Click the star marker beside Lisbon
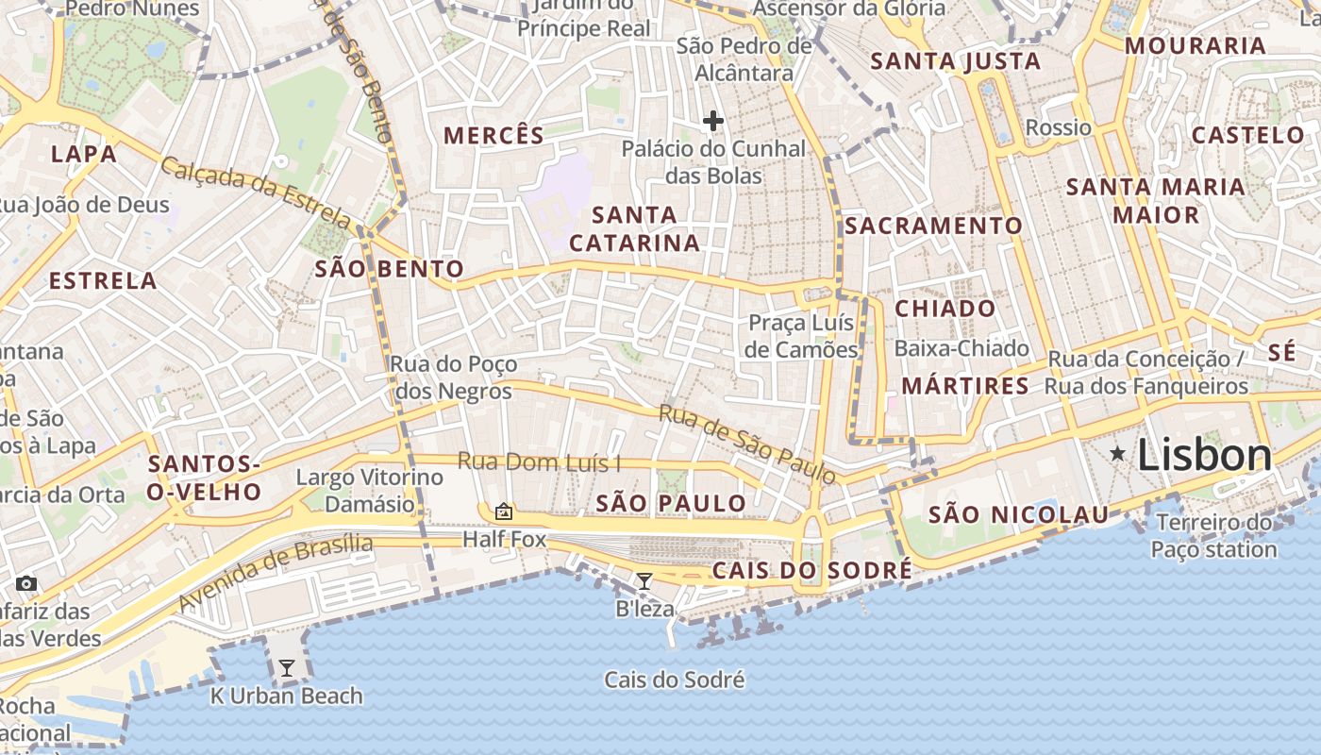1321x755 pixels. point(1118,454)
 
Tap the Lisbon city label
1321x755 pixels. point(1204,456)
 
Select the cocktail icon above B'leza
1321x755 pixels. point(644,581)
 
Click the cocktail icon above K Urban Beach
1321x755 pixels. point(287,668)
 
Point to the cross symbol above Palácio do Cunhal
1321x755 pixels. point(713,121)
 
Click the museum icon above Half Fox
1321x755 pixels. point(504,512)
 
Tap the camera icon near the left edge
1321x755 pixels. point(26,583)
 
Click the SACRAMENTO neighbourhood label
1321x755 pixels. point(933,226)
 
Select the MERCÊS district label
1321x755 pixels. point(494,135)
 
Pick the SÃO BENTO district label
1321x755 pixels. point(389,270)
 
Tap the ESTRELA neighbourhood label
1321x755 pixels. point(103,280)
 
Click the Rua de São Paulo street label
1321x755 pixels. point(747,444)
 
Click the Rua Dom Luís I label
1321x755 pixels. point(540,462)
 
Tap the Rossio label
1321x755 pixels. point(1058,127)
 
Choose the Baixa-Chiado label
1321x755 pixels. point(961,348)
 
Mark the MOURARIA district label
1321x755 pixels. point(1195,45)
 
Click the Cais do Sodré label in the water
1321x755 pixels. point(675,679)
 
